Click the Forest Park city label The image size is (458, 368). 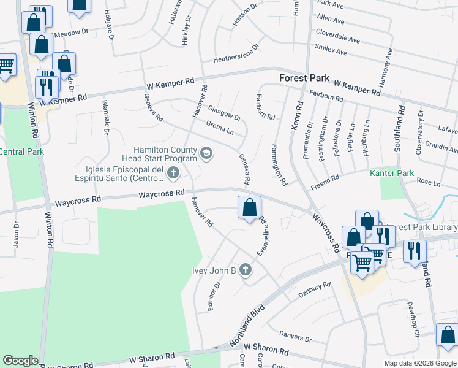pyautogui.click(x=304, y=79)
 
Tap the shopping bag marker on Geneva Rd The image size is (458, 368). pyautogui.click(x=249, y=208)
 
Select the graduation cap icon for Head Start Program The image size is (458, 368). pyautogui.click(x=206, y=153)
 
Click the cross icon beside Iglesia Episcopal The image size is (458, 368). pyautogui.click(x=173, y=173)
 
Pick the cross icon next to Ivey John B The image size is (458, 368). pyautogui.click(x=246, y=270)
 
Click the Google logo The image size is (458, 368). pyautogui.click(x=21, y=361)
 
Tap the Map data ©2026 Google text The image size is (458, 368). pyautogui.click(x=419, y=362)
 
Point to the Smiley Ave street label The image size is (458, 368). pyautogui.click(x=331, y=53)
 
